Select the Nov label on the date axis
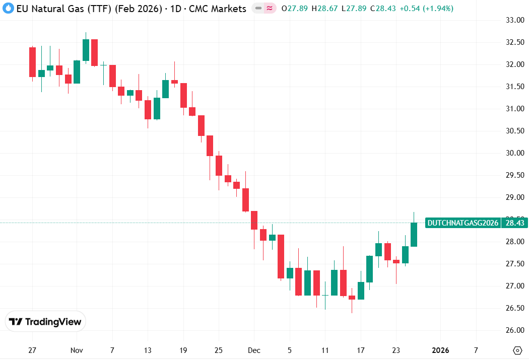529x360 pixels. pyautogui.click(x=77, y=350)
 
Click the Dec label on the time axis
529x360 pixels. pyautogui.click(x=254, y=350)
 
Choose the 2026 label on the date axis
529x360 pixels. pyautogui.click(x=441, y=350)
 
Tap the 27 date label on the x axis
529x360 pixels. pyautogui.click(x=32, y=350)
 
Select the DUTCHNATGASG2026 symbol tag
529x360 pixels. pyautogui.click(x=462, y=223)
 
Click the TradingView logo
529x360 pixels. pyautogui.click(x=45, y=322)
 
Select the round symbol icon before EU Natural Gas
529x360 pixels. pyautogui.click(x=8, y=9)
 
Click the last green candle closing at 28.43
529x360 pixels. pyautogui.click(x=414, y=235)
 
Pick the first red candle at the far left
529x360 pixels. pyautogui.click(x=32, y=62)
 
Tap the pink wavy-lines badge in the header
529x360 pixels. pyautogui.click(x=270, y=9)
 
